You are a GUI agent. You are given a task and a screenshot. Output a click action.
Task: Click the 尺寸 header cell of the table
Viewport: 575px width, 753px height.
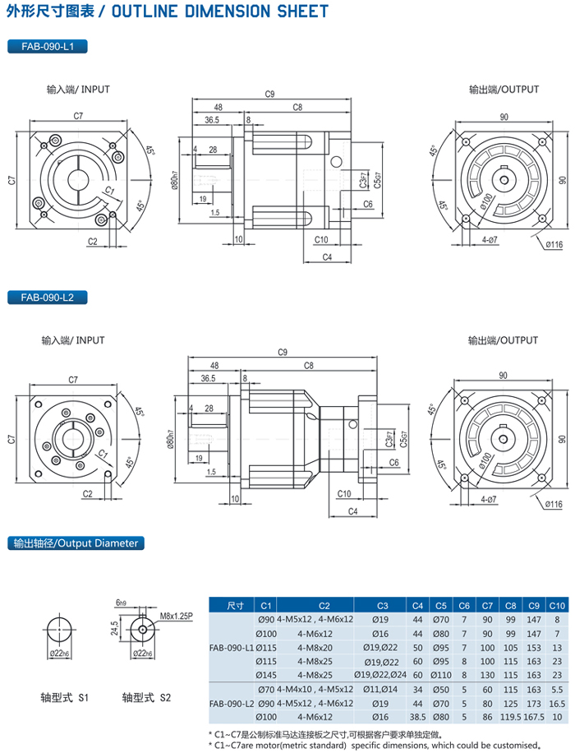tap(233, 606)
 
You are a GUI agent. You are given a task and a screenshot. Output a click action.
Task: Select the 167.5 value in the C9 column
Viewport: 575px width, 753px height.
tap(533, 717)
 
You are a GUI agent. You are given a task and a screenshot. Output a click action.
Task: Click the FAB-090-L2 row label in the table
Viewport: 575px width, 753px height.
tap(232, 703)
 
